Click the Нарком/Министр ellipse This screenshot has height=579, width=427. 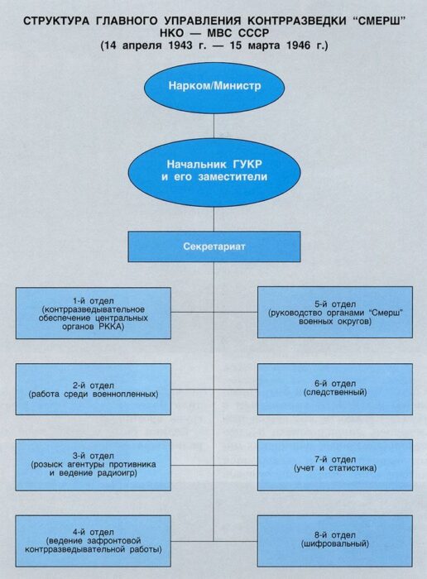pyautogui.click(x=214, y=88)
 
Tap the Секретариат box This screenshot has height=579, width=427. pyautogui.click(x=214, y=246)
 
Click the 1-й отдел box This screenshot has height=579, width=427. pyautogui.click(x=93, y=313)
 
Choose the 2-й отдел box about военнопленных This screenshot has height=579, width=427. pyautogui.click(x=93, y=390)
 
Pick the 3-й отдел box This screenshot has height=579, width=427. pyautogui.click(x=93, y=465)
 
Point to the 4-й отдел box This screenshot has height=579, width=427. pyautogui.click(x=93, y=541)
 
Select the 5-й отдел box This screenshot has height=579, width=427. pyautogui.click(x=335, y=313)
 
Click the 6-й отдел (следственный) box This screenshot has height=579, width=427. pyautogui.click(x=335, y=390)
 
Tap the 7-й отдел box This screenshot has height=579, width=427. pyautogui.click(x=335, y=465)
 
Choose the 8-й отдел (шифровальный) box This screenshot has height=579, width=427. pyautogui.click(x=335, y=541)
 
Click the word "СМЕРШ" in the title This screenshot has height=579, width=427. pyautogui.click(x=379, y=21)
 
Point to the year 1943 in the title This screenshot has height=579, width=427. pyautogui.click(x=180, y=45)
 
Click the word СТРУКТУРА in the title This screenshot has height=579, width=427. pyautogui.click(x=56, y=21)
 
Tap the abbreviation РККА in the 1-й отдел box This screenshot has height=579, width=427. pyautogui.click(x=110, y=327)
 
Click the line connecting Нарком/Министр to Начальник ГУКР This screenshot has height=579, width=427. pyautogui.click(x=213, y=126)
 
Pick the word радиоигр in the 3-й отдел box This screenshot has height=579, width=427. pyautogui.click(x=117, y=473)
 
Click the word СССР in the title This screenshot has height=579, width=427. pyautogui.click(x=253, y=33)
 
